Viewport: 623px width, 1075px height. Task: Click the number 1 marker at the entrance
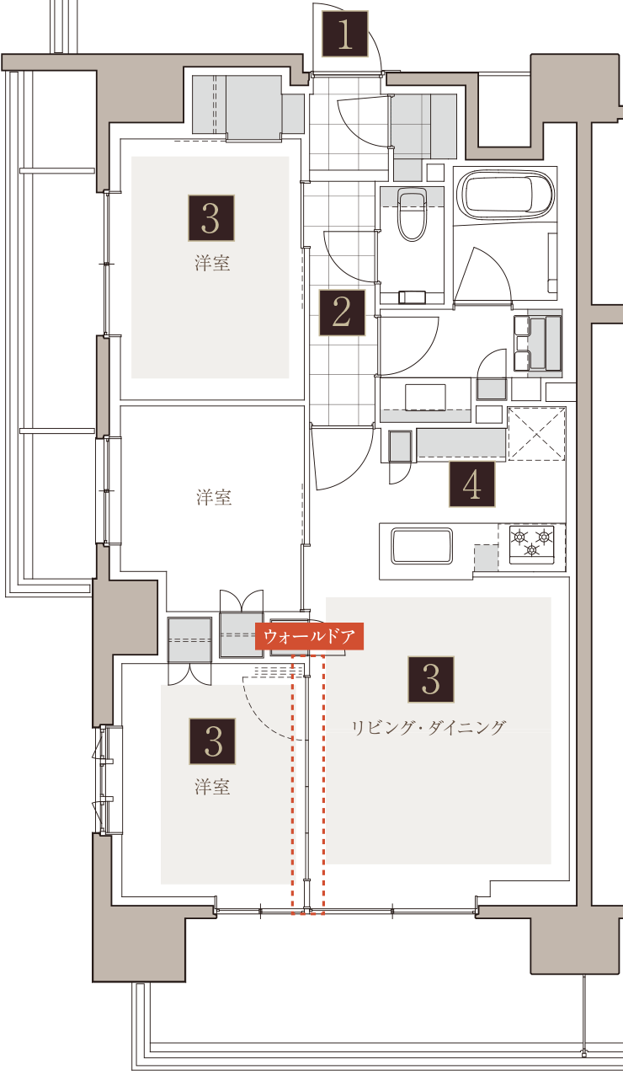point(345,35)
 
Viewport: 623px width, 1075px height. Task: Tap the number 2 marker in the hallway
point(342,313)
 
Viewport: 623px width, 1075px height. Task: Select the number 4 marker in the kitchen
point(472,484)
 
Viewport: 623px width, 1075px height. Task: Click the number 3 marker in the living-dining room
point(431,680)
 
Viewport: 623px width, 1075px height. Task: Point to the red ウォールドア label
point(309,636)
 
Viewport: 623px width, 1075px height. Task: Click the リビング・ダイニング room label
point(429,728)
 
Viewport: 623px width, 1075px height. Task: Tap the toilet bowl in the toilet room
point(412,216)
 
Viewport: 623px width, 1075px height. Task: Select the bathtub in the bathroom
point(505,195)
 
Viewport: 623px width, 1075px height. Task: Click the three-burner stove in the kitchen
point(531,544)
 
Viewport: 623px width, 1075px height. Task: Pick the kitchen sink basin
point(422,546)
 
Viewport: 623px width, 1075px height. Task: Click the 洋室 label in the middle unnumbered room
point(214,498)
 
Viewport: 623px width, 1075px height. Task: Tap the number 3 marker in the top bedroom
point(211,218)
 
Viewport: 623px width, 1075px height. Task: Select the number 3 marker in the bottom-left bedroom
point(212,741)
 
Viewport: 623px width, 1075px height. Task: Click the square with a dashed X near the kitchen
point(536,434)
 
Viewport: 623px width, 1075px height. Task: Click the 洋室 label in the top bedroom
point(212,263)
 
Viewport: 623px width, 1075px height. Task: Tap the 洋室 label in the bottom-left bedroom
point(212,787)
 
